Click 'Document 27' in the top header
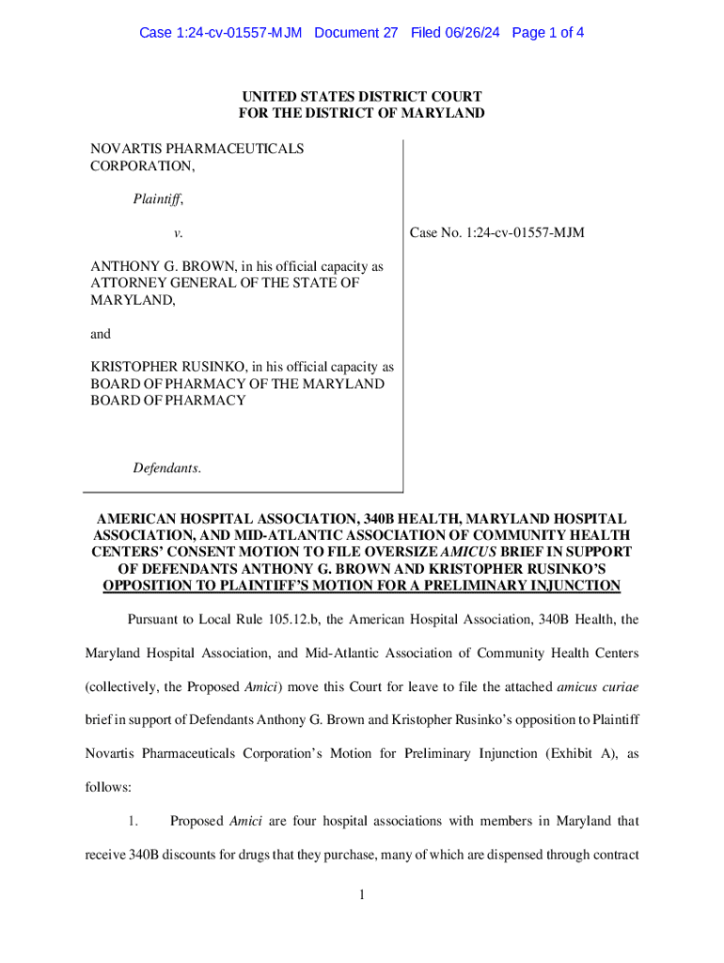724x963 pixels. [x=356, y=33]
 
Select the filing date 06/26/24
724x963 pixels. [x=476, y=33]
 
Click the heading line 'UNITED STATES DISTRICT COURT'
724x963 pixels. [x=362, y=97]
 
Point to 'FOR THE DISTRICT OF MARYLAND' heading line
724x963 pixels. [x=362, y=114]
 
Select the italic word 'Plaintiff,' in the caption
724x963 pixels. [x=158, y=199]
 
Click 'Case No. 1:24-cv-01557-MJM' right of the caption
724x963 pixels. [x=497, y=232]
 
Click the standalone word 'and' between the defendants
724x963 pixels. [x=101, y=334]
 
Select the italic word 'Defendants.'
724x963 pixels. [x=166, y=467]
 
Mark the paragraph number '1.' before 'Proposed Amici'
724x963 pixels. [x=134, y=821]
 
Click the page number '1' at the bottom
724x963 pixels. [x=361, y=894]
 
